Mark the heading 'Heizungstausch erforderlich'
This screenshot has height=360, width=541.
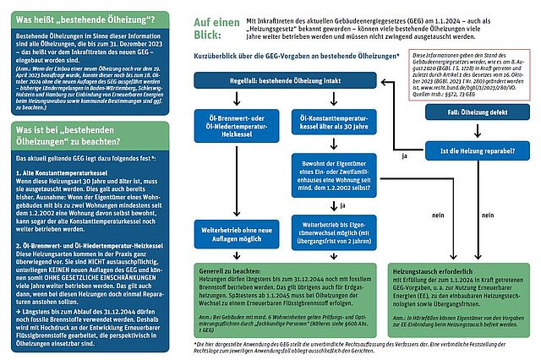click(434, 275)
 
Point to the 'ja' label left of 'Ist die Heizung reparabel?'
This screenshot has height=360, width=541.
click(405, 157)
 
